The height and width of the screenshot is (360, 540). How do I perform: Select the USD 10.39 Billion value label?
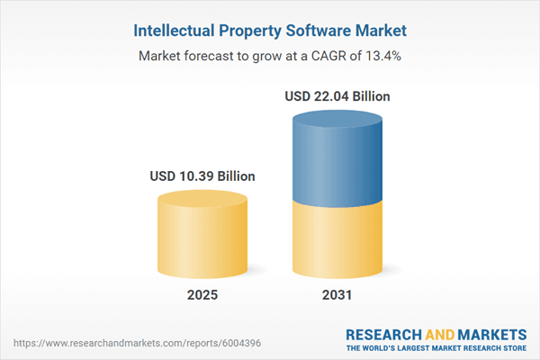pos(202,176)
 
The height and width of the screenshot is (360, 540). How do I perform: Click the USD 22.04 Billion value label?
pos(337,96)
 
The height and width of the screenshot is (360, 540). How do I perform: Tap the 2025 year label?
pos(202,294)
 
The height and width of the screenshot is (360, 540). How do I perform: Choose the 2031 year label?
pos(337,294)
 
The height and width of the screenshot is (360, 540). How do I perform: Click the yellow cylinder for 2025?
pos(202,238)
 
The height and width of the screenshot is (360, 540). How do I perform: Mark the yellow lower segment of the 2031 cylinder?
pos(337,238)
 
